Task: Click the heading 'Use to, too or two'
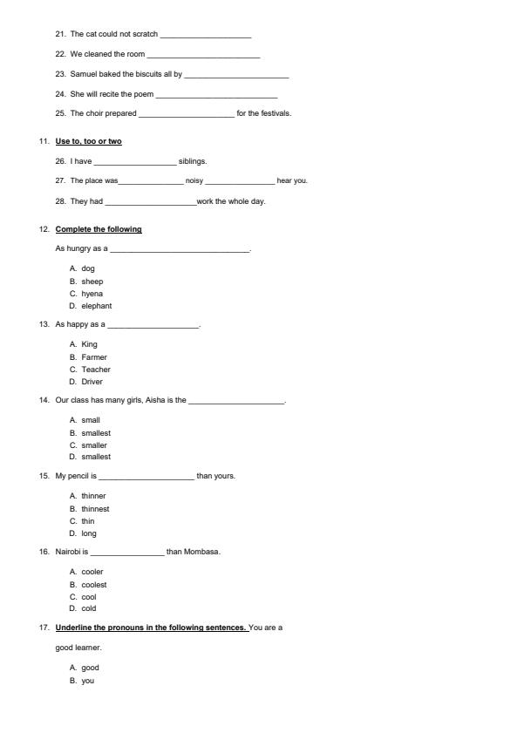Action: [88, 141]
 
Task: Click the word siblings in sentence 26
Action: [192, 161]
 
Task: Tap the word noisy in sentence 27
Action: [194, 181]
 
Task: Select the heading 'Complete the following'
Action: [99, 229]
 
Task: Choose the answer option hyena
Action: [92, 294]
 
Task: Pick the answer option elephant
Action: [96, 306]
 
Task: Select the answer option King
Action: [90, 344]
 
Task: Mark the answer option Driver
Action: [92, 382]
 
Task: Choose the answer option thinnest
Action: [95, 509]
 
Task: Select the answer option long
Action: [89, 533]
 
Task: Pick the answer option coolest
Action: [94, 585]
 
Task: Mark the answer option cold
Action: [89, 608]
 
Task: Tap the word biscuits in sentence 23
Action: [147, 74]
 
